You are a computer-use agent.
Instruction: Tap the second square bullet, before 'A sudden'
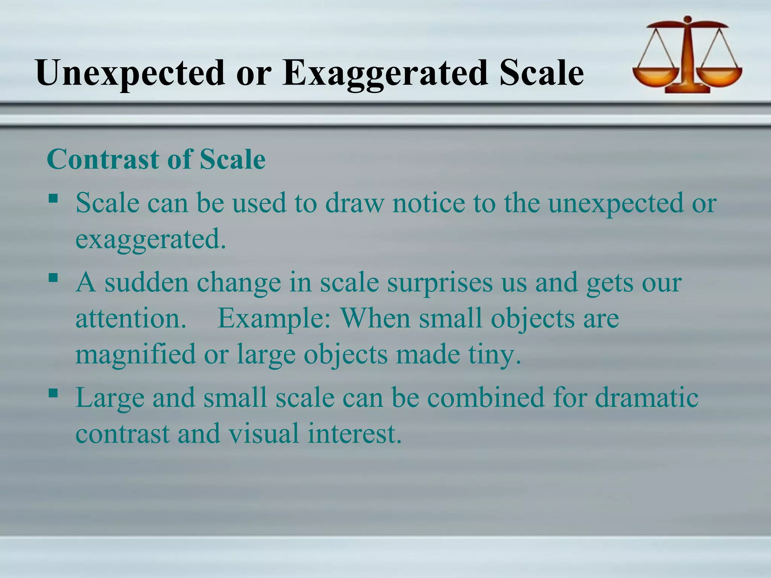coord(53,278)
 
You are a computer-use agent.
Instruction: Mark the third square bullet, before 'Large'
coord(53,393)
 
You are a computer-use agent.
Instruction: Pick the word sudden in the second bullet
coord(146,283)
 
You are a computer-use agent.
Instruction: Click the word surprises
coord(439,283)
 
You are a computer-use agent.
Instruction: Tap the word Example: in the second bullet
coord(274,318)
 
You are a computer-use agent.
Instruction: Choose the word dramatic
coord(646,398)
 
